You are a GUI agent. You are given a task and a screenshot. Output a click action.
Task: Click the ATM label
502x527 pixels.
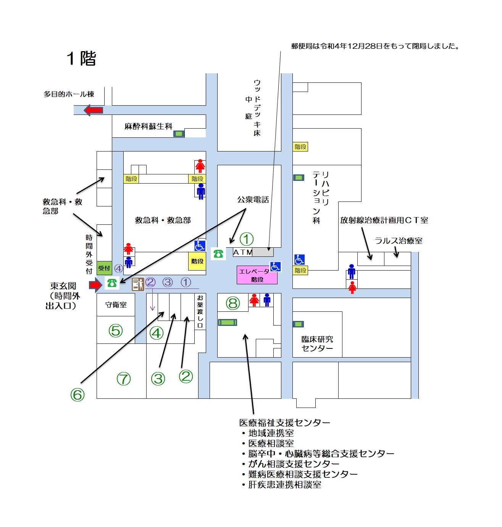pyautogui.click(x=243, y=252)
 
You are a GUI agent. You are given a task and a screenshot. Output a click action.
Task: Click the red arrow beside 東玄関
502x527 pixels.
pyautogui.click(x=95, y=285)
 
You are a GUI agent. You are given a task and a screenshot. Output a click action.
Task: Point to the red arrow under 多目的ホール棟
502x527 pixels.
pyautogui.click(x=93, y=110)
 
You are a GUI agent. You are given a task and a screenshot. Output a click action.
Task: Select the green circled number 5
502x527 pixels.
pyautogui.click(x=116, y=330)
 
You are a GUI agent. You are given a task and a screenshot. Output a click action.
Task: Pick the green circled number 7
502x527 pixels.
pyautogui.click(x=124, y=379)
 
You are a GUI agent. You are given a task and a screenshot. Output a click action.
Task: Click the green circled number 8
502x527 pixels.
pyautogui.click(x=233, y=303)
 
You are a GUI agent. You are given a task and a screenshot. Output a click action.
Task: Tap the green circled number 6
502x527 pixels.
pyautogui.click(x=77, y=395)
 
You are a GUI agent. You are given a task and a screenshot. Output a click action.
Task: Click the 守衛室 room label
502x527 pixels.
pyautogui.click(x=116, y=305)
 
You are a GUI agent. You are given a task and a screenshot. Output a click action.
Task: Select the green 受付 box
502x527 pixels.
pyautogui.click(x=104, y=268)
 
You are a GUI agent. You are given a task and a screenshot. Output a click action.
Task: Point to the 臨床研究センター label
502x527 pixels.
pyautogui.click(x=317, y=343)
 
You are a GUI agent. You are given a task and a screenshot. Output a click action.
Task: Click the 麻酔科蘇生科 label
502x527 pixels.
pyautogui.click(x=149, y=126)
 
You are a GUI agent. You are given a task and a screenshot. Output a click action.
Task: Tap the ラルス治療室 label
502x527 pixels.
pyautogui.click(x=399, y=241)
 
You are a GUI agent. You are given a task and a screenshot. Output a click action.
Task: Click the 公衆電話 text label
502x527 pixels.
pyautogui.click(x=253, y=200)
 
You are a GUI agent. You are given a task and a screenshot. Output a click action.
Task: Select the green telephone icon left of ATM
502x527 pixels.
pyautogui.click(x=218, y=253)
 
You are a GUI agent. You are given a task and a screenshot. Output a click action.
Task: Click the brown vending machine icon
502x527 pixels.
pyautogui.click(x=138, y=284)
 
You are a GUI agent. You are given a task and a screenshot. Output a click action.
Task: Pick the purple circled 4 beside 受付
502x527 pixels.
pyautogui.click(x=119, y=269)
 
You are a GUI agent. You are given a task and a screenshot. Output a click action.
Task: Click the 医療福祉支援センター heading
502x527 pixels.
pyautogui.click(x=284, y=422)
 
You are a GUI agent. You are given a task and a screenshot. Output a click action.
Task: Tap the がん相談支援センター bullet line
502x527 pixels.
pyautogui.click(x=294, y=464)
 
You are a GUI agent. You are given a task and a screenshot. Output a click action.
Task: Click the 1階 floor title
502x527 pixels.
pyautogui.click(x=81, y=59)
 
